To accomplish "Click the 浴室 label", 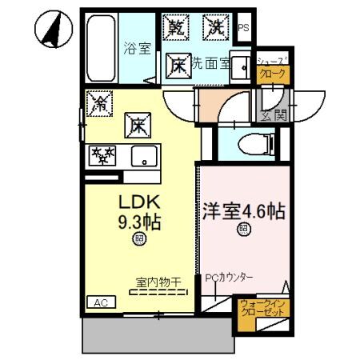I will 137,48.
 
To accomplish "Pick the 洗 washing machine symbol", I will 216,27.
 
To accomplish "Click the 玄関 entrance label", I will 272,117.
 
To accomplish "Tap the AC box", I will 100,303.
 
